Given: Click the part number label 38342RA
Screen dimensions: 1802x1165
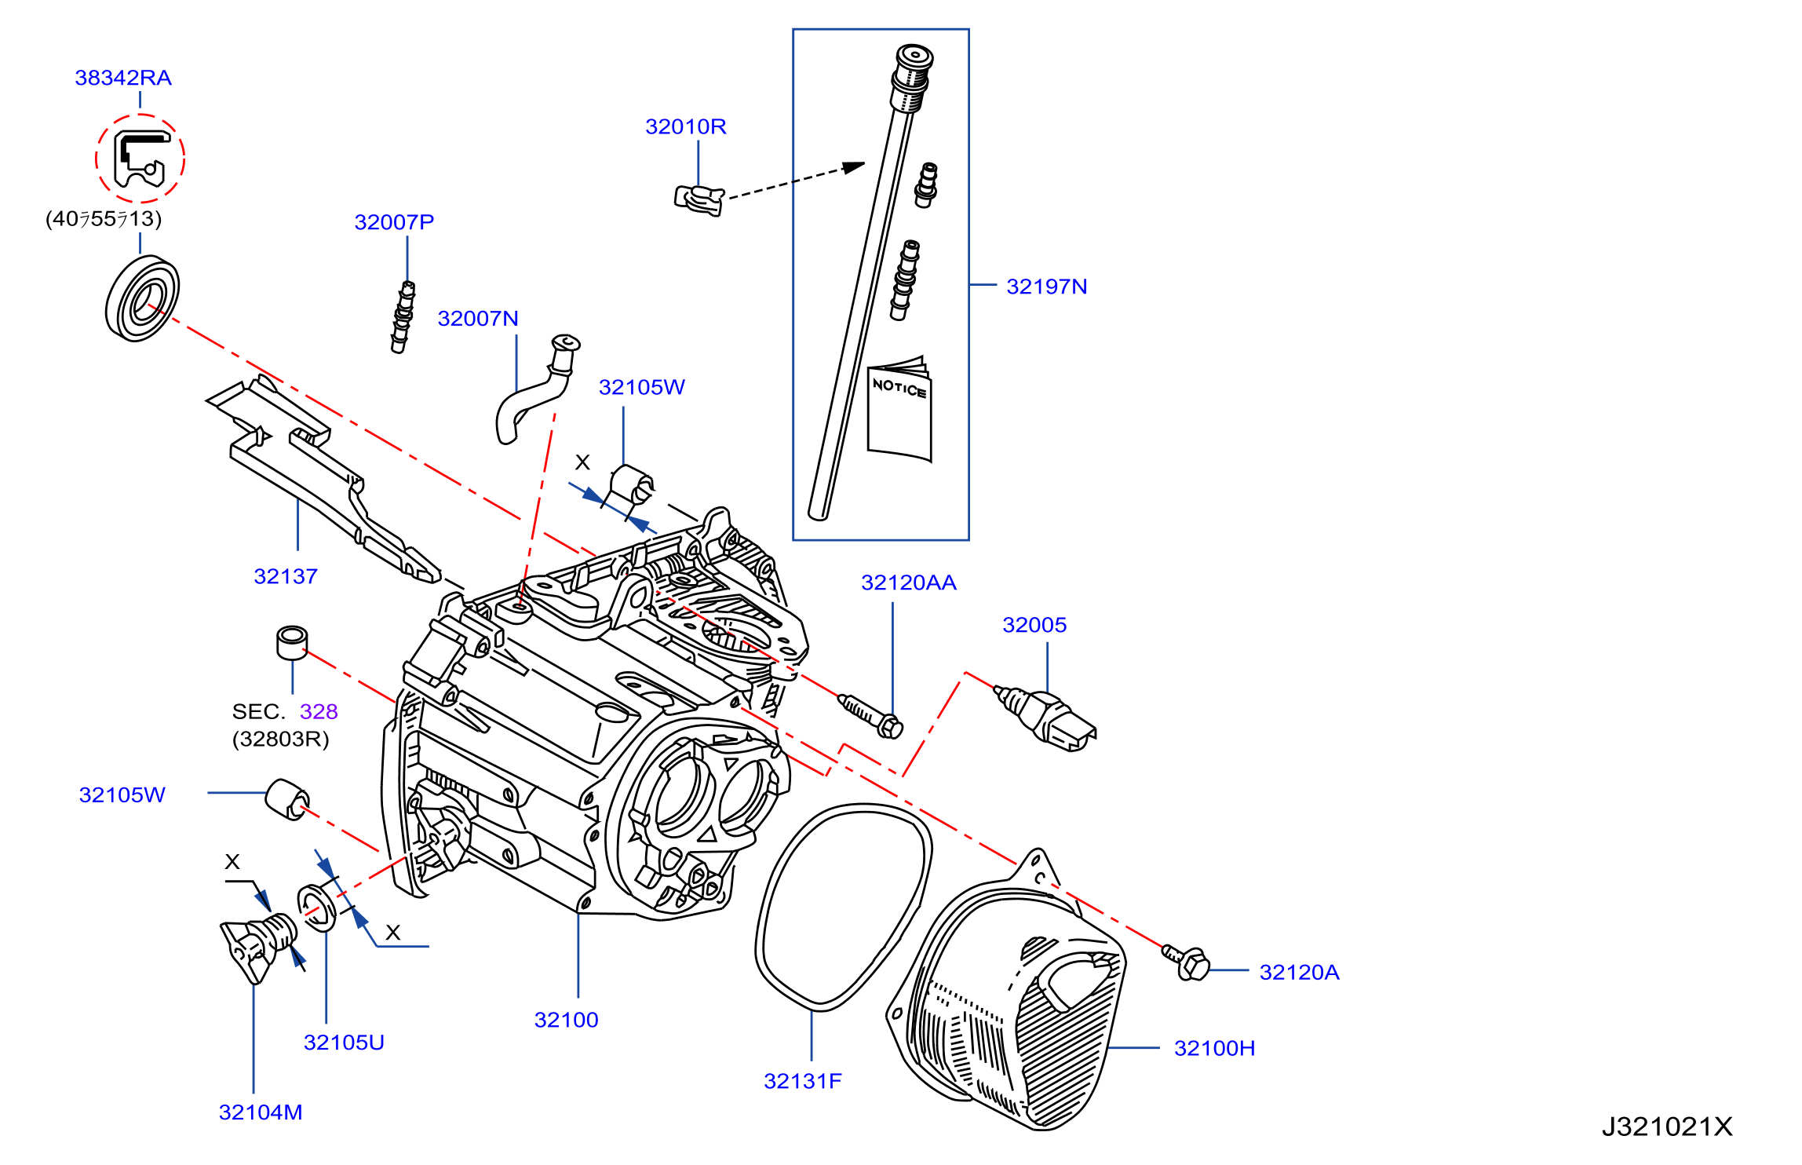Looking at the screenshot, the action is pyautogui.click(x=123, y=78).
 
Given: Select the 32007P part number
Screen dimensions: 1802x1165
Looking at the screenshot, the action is pyautogui.click(x=394, y=222).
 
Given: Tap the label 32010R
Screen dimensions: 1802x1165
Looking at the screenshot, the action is pyautogui.click(x=686, y=126).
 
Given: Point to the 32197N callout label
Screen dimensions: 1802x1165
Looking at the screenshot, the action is pyautogui.click(x=1047, y=287).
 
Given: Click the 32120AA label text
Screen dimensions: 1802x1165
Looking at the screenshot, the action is pyautogui.click(x=909, y=582).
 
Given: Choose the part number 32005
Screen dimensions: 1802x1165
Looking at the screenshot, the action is pyautogui.click(x=1034, y=625).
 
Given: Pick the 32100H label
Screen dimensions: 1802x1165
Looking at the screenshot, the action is pyautogui.click(x=1214, y=1048).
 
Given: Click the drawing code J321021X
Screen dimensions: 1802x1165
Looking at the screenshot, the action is pyautogui.click(x=1667, y=1127).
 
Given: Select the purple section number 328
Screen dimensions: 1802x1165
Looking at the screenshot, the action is pyautogui.click(x=319, y=711).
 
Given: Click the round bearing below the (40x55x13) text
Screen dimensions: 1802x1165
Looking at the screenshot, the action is pyautogui.click(x=142, y=298).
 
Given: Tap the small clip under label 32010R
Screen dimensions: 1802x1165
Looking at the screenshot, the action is pyautogui.click(x=699, y=199).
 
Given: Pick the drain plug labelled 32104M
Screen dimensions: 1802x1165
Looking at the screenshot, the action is pyautogui.click(x=259, y=946).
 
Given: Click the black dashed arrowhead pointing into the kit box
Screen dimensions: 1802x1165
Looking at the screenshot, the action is pyautogui.click(x=854, y=167).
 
